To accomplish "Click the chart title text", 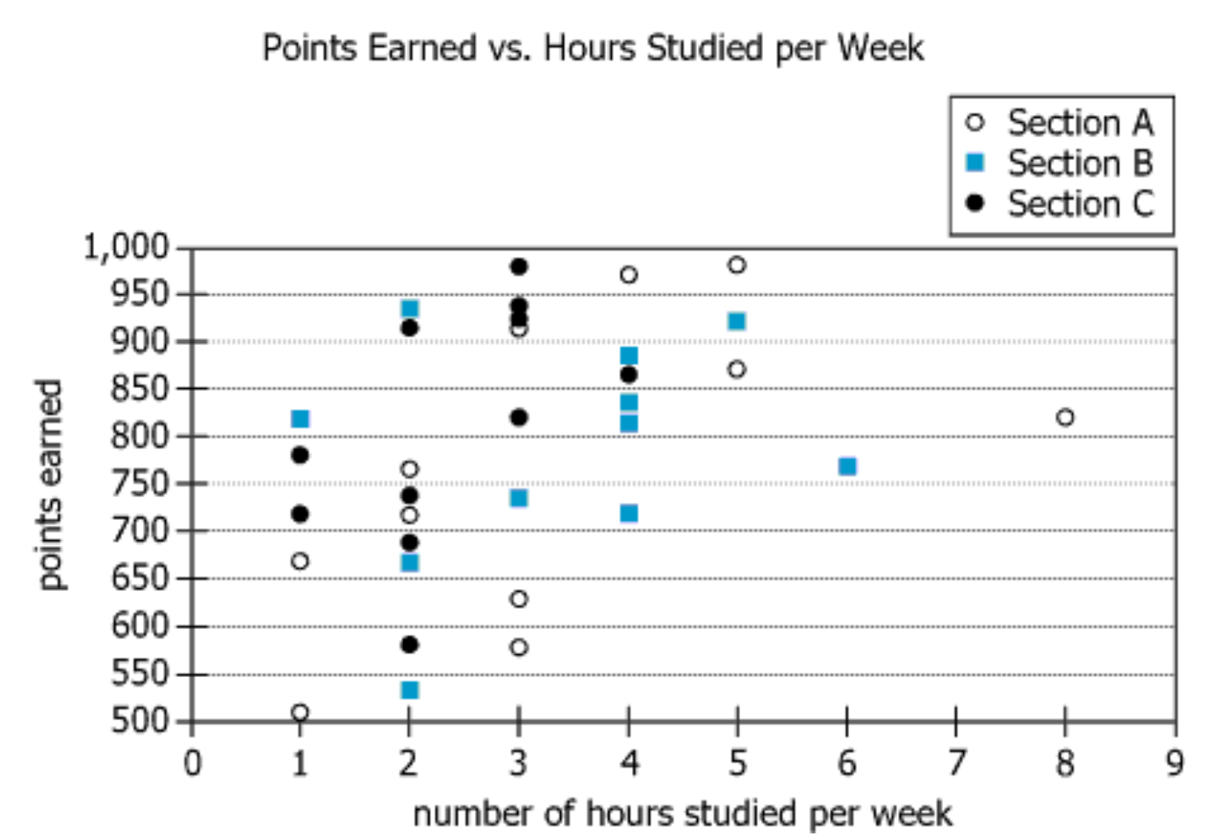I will coord(593,48).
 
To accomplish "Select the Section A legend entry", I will coord(1062,123).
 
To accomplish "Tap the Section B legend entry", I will coord(1062,163).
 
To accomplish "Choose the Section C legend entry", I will coord(1062,204).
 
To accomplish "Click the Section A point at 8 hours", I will coord(1065,417).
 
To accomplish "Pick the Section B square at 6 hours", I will coord(847,466).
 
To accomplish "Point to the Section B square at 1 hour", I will coord(300,419).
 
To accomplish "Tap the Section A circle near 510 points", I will coord(300,712).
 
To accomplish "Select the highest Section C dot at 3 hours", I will coord(519,266).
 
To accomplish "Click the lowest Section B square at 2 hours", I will coord(410,690).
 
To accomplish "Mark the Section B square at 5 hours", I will coord(738,321).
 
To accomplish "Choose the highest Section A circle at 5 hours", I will coord(738,265).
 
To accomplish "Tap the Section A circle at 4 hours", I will coord(629,275).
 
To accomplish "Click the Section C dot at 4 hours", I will coord(629,375).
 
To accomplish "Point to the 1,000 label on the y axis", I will coord(126,248).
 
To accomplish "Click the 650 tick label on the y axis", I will coord(139,579).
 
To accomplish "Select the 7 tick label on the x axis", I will coord(956,762).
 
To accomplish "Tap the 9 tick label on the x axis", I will coord(1175,762).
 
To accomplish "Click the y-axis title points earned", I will coord(50,484).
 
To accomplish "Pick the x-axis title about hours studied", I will coord(682,813).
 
